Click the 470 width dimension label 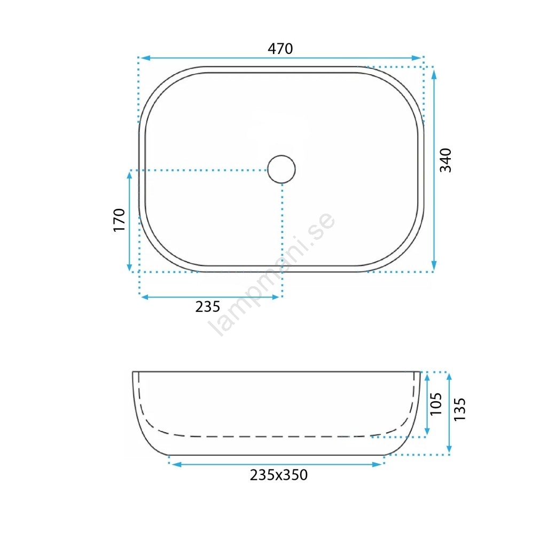280,49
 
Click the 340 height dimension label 446,160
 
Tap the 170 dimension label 119,220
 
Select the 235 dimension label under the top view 208,307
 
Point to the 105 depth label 436,404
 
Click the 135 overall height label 459,409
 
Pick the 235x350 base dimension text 279,475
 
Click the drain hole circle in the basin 282,169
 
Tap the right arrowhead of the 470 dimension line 417,58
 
